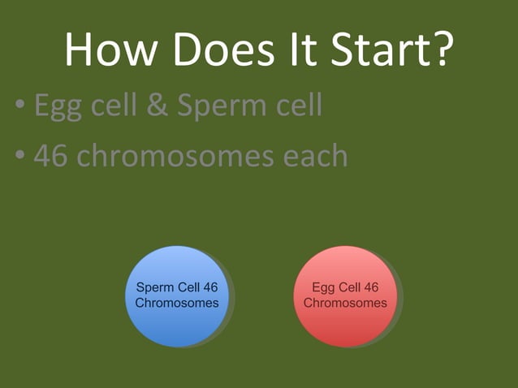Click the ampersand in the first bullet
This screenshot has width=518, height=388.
coord(161,106)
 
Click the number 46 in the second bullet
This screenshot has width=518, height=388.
coord(50,154)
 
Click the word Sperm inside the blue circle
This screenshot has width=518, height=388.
coord(154,287)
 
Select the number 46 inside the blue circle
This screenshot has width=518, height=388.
coord(209,287)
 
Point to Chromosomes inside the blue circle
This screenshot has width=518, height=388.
coord(176,303)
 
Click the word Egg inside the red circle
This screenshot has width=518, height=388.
coord(324,287)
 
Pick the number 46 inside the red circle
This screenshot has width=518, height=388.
coord(370,287)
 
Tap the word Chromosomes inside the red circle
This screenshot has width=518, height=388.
coord(345,303)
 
